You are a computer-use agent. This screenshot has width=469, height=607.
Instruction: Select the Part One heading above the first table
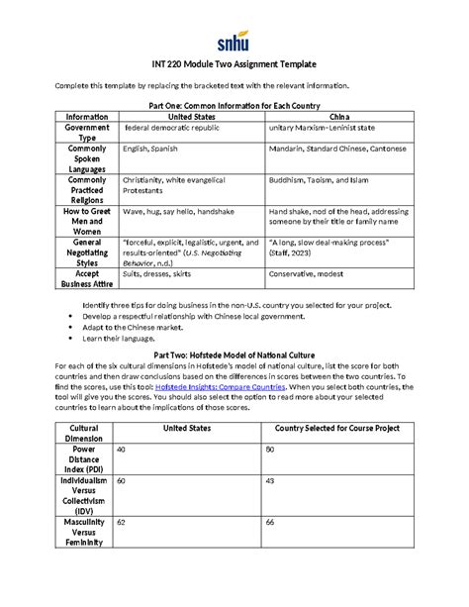[x=234, y=104]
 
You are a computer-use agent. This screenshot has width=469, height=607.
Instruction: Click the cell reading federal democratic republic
[x=169, y=129]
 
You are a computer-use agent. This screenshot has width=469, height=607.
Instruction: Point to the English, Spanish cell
[x=149, y=149]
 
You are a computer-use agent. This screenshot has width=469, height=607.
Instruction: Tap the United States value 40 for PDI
[x=122, y=450]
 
